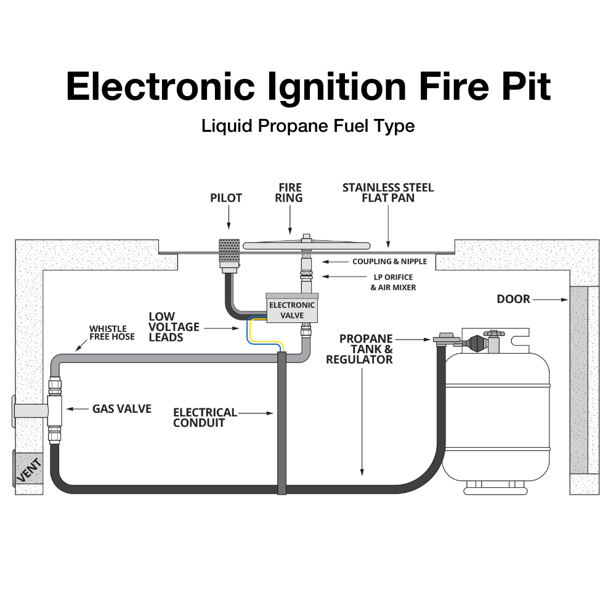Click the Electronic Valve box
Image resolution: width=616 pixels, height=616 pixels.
291,309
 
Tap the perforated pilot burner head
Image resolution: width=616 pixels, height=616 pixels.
228,254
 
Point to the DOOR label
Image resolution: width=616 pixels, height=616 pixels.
513,299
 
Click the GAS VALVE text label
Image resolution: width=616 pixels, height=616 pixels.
121,408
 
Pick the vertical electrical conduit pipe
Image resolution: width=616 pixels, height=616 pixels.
282,425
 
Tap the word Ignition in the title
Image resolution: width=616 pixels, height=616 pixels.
338,86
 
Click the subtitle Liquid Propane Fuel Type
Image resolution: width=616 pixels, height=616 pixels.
308,126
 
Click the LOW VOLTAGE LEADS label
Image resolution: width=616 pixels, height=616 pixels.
174,327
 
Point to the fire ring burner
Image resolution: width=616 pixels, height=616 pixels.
306,245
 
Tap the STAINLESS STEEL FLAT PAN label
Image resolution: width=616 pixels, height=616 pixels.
388,193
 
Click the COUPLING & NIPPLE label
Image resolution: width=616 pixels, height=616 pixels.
389,262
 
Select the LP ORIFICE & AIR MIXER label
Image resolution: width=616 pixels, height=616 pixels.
392,282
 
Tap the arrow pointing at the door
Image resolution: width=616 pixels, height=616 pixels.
551,299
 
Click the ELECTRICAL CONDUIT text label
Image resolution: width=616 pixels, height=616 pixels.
205,418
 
